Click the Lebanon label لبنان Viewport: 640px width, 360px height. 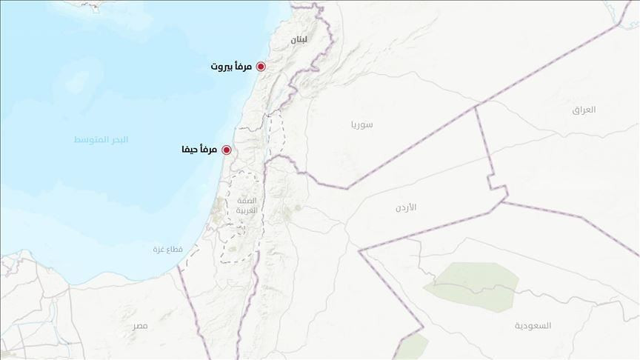click(x=299, y=39)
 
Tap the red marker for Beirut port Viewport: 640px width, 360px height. click(x=261, y=67)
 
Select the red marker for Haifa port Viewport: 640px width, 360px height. click(x=227, y=150)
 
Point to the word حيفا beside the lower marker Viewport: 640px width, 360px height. click(x=191, y=150)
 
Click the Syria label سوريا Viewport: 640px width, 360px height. click(x=362, y=124)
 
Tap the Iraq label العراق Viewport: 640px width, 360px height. click(x=584, y=110)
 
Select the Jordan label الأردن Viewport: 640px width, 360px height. click(x=406, y=207)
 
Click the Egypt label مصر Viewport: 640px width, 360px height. click(x=141, y=326)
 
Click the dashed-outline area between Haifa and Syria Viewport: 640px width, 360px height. click(x=276, y=133)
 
